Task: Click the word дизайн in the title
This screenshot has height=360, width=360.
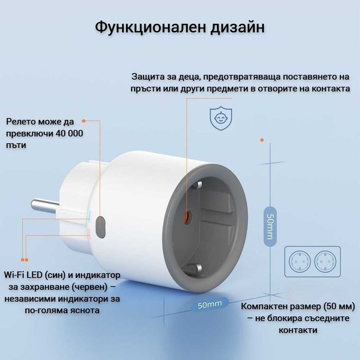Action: [237, 27]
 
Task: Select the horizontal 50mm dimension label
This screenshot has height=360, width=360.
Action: [210, 304]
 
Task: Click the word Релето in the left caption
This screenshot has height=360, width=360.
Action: [21, 122]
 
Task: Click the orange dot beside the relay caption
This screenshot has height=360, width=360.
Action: [84, 121]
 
